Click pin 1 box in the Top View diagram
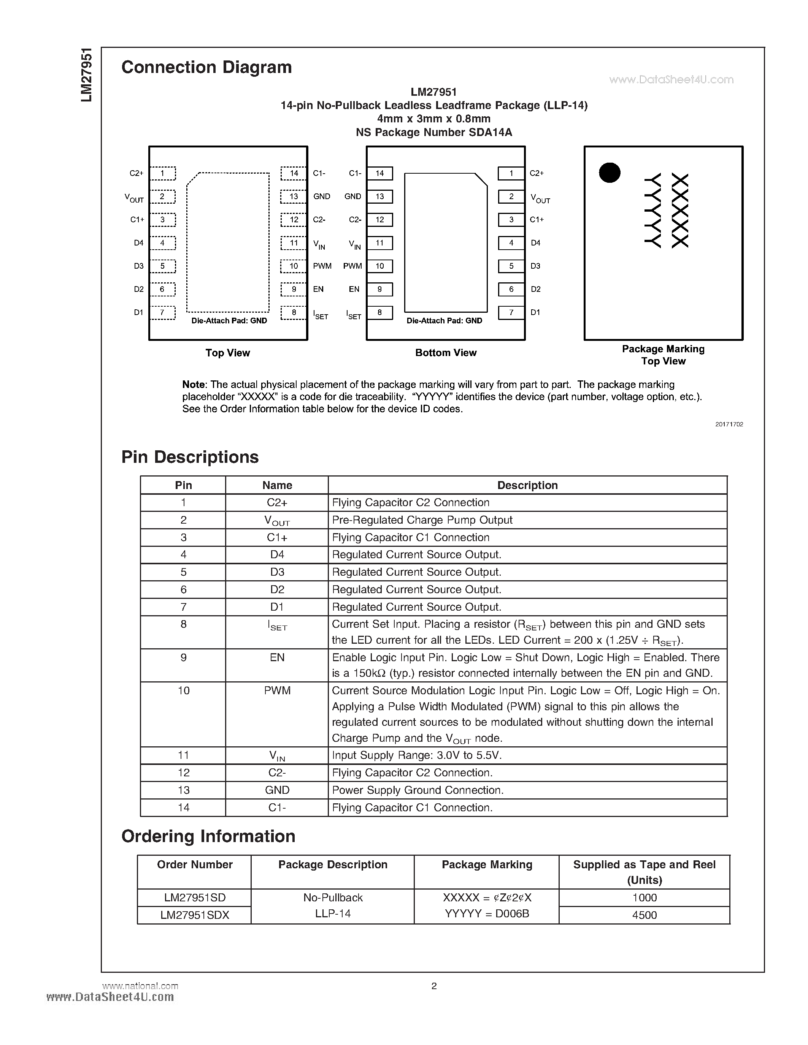pos(162,173)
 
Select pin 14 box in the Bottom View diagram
pos(379,173)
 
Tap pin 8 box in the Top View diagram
pos(294,312)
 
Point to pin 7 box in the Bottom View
pos(511,312)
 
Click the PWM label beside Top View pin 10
pos(322,266)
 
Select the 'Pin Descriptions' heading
pos(190,457)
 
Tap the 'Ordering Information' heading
pos(208,836)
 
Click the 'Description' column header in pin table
pos(527,485)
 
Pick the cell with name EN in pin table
pos(277,657)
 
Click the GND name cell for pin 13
pos(277,790)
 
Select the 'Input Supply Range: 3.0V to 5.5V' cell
pos(416,755)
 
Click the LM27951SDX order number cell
pos(194,915)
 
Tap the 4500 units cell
pos(644,915)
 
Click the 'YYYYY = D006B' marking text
pos(487,914)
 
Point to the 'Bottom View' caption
pos(446,353)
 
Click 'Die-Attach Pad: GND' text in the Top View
pos(229,321)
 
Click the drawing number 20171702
pos(729,424)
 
